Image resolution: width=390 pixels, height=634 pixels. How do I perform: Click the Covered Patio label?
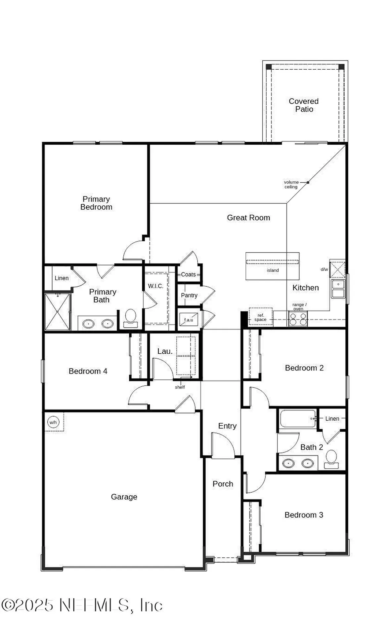pos(303,105)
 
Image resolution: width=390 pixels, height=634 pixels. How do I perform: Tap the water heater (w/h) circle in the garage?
pos(53,422)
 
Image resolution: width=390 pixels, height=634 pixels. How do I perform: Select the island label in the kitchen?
pos(273,270)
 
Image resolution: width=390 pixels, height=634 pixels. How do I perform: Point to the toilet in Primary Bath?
pos(130,318)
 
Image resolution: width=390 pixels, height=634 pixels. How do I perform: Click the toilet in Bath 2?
pos(331,459)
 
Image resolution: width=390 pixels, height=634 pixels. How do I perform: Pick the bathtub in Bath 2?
pos(297,419)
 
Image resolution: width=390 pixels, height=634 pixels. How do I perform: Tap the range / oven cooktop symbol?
pos(298,319)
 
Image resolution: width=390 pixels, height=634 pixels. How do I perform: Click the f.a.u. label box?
pos(188,319)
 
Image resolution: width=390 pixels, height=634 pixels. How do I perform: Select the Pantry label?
pos(189,295)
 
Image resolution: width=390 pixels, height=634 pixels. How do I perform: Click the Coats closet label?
pos(188,274)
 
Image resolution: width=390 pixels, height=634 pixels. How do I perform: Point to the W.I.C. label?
pos(155,286)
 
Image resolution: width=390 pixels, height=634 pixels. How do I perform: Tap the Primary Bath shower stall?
pos(58,311)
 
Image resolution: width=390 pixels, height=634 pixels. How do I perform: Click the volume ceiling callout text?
pos(291,184)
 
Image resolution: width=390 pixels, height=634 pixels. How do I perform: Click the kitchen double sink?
pos(338,289)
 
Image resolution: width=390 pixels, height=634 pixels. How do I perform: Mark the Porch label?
pos(223,484)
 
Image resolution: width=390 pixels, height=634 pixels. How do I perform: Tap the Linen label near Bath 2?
pos(332,419)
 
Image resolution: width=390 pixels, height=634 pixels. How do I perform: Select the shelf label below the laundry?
pos(180,387)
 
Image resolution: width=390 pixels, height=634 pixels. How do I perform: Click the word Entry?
pos(227,426)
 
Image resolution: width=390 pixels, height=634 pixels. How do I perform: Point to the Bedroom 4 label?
pos(88,371)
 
